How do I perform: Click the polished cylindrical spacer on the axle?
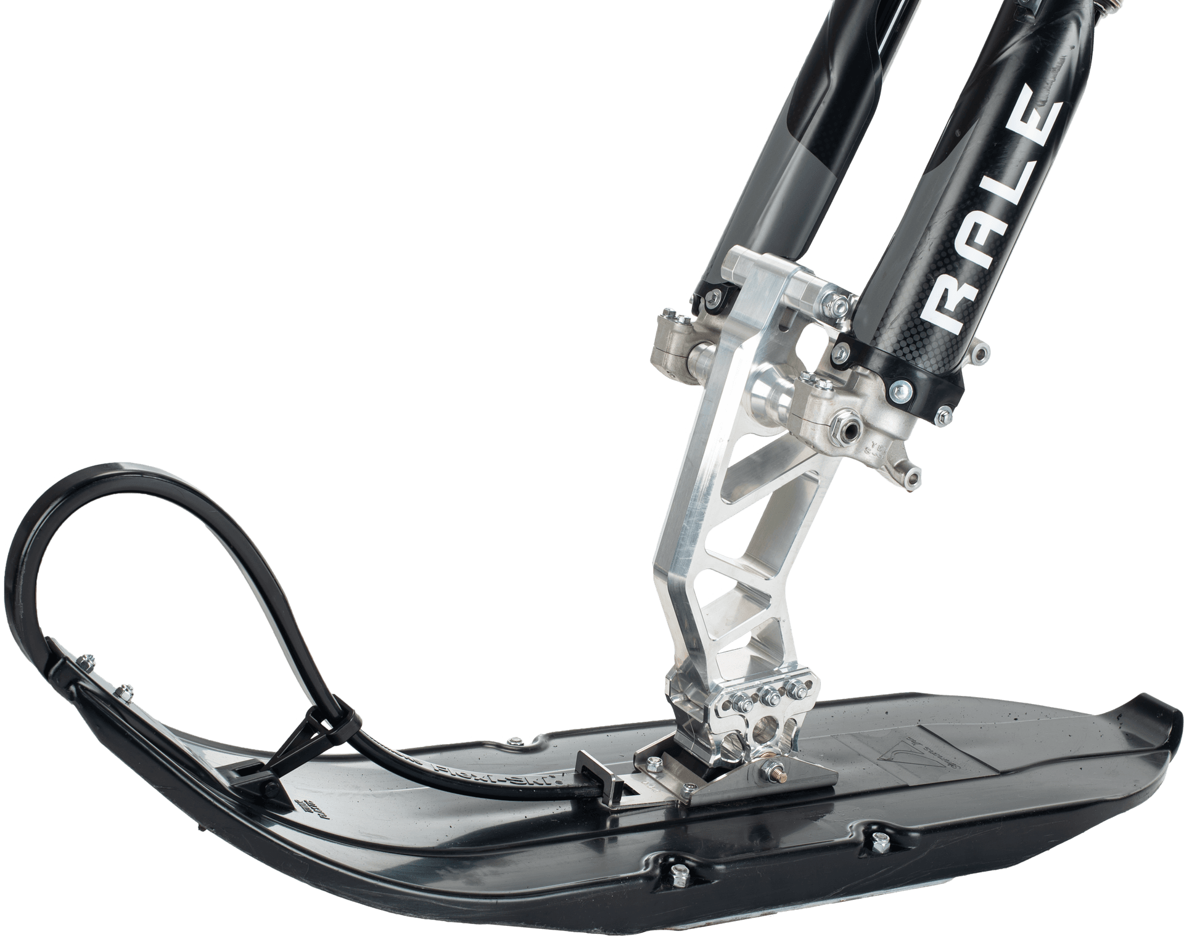[766, 398]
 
